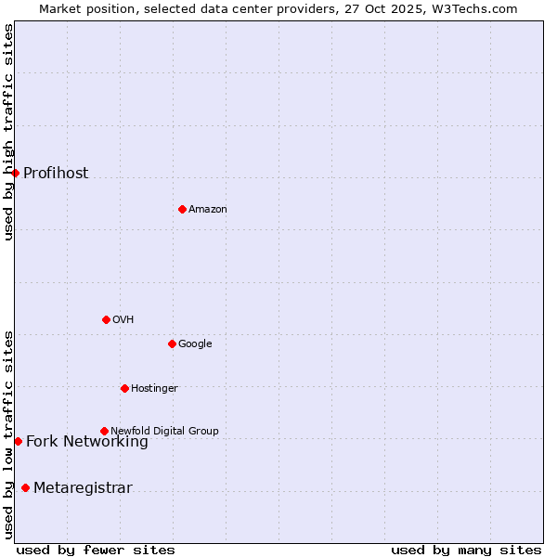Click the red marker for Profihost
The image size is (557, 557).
click(15, 173)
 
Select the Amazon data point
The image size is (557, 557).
click(182, 209)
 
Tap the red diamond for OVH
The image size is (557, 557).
click(106, 319)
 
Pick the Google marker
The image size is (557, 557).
click(172, 343)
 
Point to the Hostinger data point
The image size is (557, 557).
click(124, 388)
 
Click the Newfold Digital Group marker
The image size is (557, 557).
click(104, 431)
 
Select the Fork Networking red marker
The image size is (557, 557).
click(18, 441)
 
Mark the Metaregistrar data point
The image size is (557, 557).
click(25, 487)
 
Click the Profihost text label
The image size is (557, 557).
click(56, 174)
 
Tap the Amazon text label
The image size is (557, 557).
click(208, 210)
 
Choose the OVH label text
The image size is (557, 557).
click(123, 320)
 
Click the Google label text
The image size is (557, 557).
click(195, 344)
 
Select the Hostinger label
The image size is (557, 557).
click(154, 389)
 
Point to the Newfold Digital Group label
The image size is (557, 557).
click(164, 432)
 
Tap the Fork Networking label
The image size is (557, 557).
click(87, 442)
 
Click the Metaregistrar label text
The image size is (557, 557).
click(83, 488)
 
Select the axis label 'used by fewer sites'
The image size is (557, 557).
click(96, 550)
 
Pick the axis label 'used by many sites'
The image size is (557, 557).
click(466, 550)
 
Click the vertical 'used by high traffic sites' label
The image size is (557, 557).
click(9, 132)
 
